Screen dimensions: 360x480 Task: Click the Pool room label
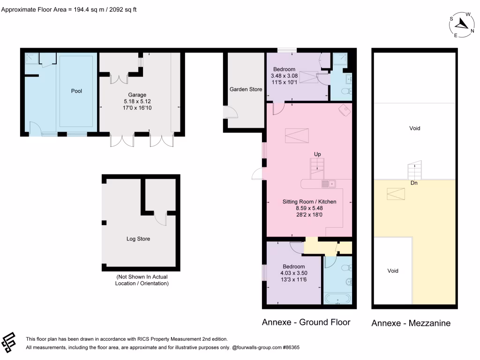point(76,91)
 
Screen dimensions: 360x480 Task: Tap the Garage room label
point(137,95)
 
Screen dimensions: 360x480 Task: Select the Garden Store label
point(246,89)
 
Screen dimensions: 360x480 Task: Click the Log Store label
point(138,239)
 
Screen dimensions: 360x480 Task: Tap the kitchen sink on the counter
point(327,183)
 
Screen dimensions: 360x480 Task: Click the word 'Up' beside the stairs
point(317,154)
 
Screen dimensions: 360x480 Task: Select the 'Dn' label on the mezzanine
point(414,183)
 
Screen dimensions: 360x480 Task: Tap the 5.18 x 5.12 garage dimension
point(137,101)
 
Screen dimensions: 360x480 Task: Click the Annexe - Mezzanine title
point(411,323)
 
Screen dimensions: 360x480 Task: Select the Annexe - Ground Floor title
point(306,322)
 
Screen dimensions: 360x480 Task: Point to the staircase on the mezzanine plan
point(415,170)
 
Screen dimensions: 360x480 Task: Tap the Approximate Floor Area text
point(69,9)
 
